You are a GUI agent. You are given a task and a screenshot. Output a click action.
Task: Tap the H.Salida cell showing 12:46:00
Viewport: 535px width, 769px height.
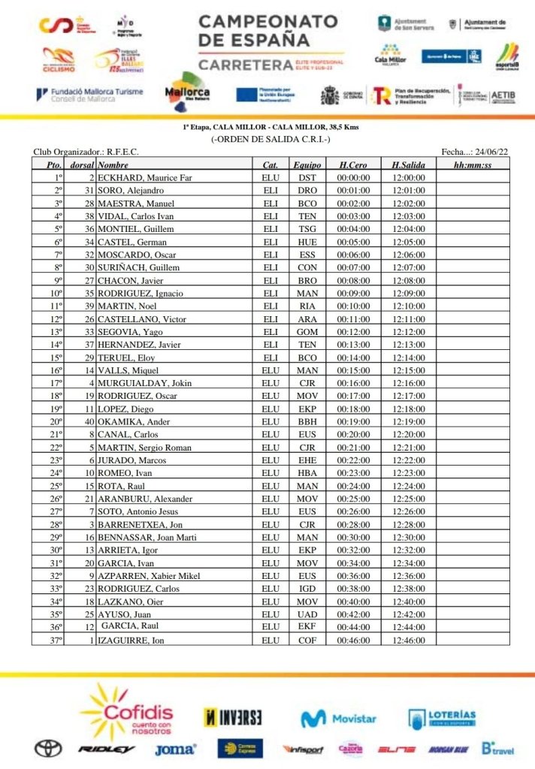coord(408,640)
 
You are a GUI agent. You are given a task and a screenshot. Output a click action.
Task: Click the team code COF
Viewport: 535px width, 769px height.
coord(307,640)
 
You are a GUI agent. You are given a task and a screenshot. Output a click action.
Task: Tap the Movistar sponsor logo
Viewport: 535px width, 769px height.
coord(338,719)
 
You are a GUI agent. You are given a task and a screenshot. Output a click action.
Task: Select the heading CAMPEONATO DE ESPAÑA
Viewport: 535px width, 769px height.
coord(267,30)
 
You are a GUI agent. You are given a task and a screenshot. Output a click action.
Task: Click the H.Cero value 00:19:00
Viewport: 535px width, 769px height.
coord(352,422)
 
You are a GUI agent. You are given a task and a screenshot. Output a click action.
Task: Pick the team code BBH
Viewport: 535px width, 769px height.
coord(307,422)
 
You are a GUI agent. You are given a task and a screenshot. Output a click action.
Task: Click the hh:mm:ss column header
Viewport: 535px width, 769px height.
coord(473,164)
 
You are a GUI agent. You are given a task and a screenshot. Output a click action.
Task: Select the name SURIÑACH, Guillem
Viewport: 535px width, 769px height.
coord(139,268)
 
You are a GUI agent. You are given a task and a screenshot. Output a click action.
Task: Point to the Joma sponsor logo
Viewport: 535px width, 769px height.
coord(174,749)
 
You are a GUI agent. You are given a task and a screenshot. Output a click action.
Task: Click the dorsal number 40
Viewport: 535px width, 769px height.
coord(89,422)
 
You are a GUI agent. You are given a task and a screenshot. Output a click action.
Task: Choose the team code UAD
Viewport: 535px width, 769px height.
coord(307,614)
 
